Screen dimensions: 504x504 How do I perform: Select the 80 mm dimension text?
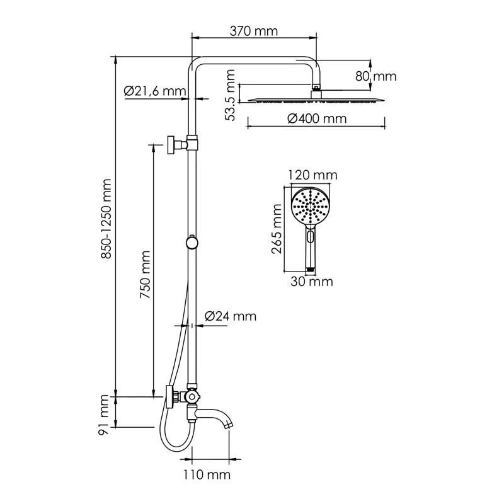pyautogui.click(x=375, y=76)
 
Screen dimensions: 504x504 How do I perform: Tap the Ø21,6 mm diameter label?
pyautogui.click(x=155, y=91)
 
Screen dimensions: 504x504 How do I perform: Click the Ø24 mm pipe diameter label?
pyautogui.click(x=231, y=316)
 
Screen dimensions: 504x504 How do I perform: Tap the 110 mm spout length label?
pyautogui.click(x=205, y=474)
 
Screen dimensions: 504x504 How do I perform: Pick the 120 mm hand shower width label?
pyautogui.click(x=312, y=175)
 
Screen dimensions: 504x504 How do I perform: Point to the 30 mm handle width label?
pyautogui.click(x=311, y=282)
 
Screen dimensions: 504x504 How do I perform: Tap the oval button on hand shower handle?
pyautogui.click(x=309, y=238)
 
